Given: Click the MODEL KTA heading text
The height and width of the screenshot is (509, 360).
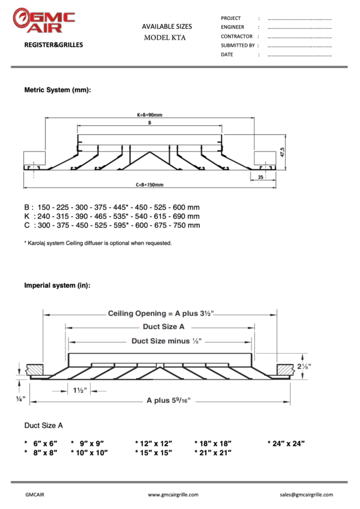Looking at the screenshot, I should coord(165,37).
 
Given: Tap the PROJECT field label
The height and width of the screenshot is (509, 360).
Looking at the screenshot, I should coord(231,18).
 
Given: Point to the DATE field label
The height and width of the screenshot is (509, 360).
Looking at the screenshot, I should coord(227,55).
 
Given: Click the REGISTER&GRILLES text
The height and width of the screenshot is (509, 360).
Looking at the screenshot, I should coord(53,45).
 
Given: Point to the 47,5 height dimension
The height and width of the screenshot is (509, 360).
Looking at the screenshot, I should coord(282,153).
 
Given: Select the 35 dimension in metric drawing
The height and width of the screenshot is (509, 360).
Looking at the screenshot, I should coord(259,177).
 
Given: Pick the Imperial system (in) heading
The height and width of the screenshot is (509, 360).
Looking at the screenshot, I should coord(57,285).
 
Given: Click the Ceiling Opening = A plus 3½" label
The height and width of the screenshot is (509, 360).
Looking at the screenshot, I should coord(161,313).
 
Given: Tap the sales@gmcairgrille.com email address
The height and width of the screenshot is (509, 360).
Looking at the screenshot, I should coord(306,495).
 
